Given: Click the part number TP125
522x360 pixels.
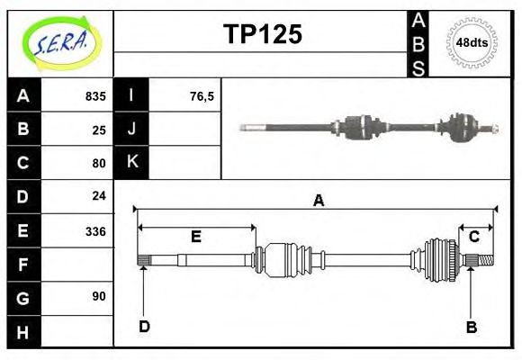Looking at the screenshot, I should coord(262,34).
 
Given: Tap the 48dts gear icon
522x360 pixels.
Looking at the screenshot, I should coord(472,42).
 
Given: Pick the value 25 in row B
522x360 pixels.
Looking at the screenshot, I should coord(99,130).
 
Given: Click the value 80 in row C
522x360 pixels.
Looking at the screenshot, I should coord(99,164).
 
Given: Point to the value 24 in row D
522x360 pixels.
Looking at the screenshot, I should coord(99,195).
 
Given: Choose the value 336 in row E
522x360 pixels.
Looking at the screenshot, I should coord(95,230).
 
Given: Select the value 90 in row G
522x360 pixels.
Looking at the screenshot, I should coord(99,295).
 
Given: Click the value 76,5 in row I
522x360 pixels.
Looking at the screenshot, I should coord(202,95).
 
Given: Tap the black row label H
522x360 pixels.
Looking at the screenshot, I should coord(23,333).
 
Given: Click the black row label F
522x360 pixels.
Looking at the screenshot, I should coord(23,265).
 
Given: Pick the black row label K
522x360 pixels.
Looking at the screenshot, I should coord(132,162).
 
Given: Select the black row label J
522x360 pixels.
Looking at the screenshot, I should coord(132,129).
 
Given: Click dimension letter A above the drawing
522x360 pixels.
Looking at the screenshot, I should coord(318,201).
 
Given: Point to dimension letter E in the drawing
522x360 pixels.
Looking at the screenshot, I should coord(195,237).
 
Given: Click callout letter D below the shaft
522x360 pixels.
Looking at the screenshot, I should coord(144,326).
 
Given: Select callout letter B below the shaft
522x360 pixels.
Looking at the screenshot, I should coord(471,327).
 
